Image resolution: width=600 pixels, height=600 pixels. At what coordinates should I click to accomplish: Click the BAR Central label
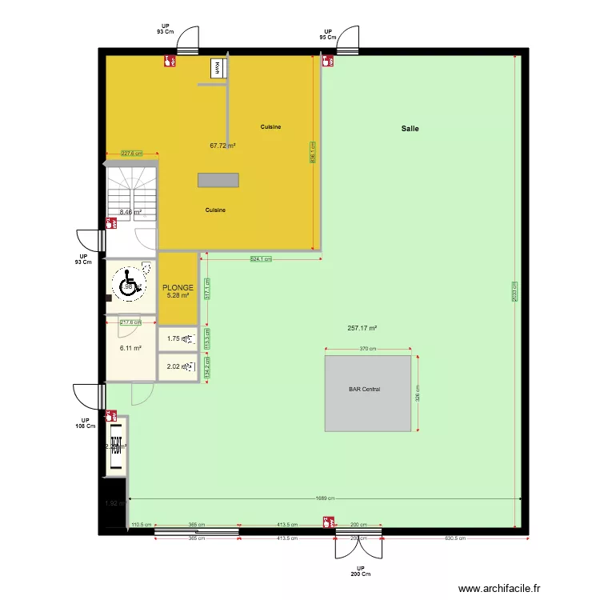pos(364,390)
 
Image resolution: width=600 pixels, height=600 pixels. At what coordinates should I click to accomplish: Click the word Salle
pos(410,129)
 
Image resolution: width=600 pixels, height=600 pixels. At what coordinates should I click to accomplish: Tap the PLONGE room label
pos(178,287)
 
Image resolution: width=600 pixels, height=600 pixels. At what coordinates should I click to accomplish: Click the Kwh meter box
pos(217,69)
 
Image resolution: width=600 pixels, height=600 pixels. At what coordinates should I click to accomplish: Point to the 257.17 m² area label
pos(362,328)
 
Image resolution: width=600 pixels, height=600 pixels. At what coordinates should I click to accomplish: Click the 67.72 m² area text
pos(222,146)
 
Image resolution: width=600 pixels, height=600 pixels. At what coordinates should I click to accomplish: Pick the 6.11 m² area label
pos(130,348)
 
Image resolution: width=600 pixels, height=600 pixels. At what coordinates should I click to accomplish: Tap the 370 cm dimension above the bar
pos(367,349)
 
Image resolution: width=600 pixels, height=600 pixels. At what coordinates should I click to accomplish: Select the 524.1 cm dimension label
pos(261,259)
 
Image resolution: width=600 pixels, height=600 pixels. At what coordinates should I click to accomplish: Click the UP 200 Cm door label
pos(360,570)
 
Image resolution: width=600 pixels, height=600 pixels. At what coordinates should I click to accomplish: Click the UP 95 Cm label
pos(327,34)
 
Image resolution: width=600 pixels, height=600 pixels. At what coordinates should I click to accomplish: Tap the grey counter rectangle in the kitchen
pos(218,180)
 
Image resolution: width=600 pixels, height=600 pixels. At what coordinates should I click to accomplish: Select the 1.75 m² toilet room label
pos(174,339)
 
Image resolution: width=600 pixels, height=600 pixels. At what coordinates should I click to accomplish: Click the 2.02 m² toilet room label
pos(174,367)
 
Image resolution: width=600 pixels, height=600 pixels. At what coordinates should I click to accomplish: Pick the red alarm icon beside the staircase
pos(110,224)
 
